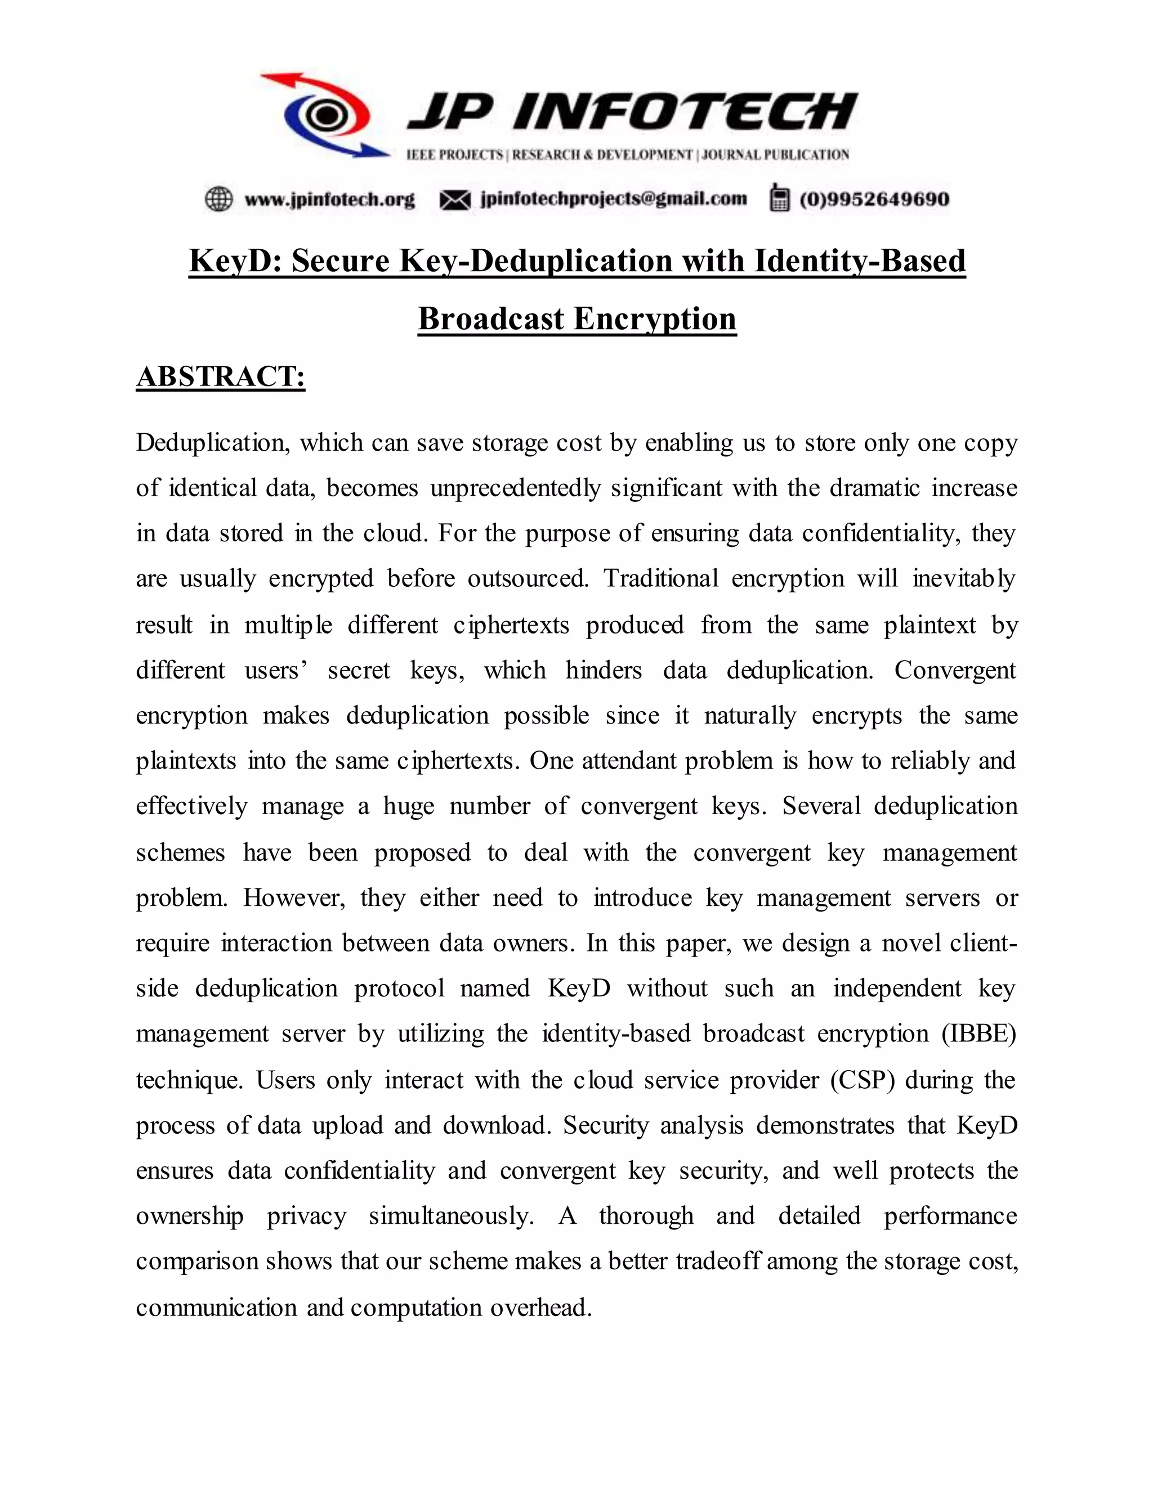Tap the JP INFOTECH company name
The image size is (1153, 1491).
(632, 111)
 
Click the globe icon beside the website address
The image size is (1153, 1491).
(219, 199)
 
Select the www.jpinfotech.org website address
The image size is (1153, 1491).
(330, 199)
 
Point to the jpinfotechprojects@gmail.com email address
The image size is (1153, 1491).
(614, 199)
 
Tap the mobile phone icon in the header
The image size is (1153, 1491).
(778, 198)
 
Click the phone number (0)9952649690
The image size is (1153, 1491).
(874, 199)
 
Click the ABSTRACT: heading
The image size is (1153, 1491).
(221, 377)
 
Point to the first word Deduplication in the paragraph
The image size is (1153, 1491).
(211, 443)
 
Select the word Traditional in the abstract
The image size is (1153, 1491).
(660, 579)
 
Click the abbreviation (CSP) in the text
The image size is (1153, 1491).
(862, 1080)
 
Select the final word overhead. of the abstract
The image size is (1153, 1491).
(540, 1308)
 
